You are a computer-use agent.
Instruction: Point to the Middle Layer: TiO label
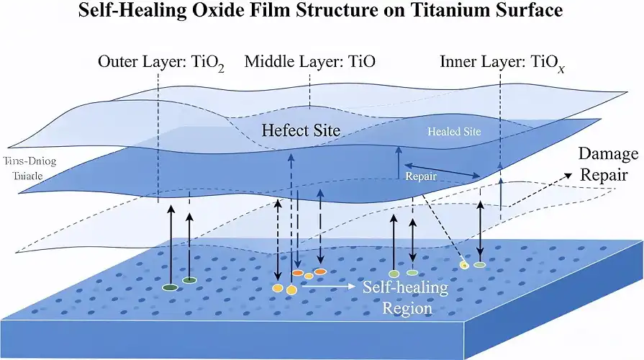tap(306, 62)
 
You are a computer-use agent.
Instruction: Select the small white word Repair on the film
tap(419, 175)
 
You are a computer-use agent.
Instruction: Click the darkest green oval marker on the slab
tap(171, 287)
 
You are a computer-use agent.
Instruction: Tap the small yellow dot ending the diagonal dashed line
tap(465, 266)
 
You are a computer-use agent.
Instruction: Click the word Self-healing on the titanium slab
tap(405, 287)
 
